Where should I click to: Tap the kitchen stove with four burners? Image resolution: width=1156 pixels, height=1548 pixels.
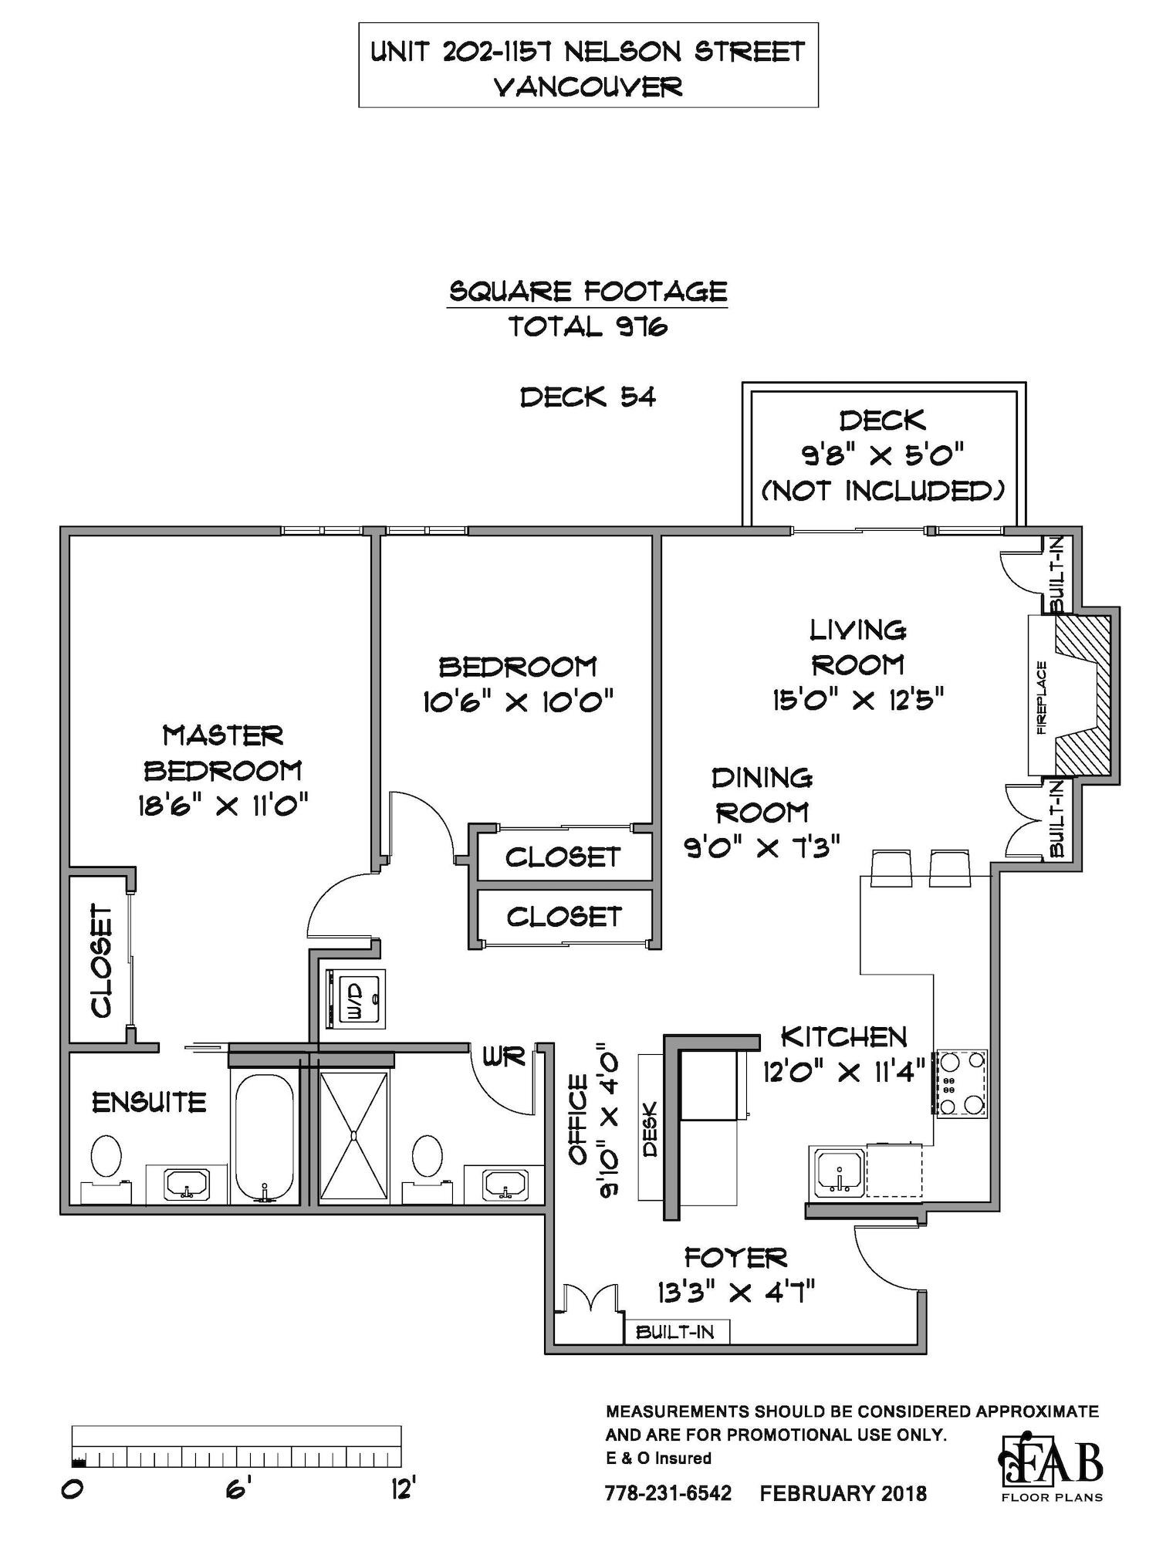[962, 1083]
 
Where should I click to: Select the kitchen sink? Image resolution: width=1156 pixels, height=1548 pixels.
[837, 1171]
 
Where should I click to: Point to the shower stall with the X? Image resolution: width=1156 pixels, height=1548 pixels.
[353, 1135]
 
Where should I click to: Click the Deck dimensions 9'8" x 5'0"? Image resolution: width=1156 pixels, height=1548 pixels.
[884, 455]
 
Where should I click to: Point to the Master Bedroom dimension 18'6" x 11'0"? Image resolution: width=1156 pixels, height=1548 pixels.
[223, 806]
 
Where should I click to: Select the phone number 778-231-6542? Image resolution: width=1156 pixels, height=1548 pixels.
[668, 1492]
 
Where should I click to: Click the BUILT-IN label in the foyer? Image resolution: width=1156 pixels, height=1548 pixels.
[674, 1332]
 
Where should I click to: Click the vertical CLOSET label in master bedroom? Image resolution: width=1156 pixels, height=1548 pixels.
[102, 962]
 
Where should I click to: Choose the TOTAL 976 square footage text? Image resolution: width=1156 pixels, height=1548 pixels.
[588, 327]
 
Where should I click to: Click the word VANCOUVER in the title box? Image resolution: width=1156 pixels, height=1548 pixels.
[588, 86]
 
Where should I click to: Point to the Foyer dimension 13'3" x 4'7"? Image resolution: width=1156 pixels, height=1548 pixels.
[737, 1291]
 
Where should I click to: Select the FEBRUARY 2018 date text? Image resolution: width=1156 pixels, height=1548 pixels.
[843, 1492]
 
